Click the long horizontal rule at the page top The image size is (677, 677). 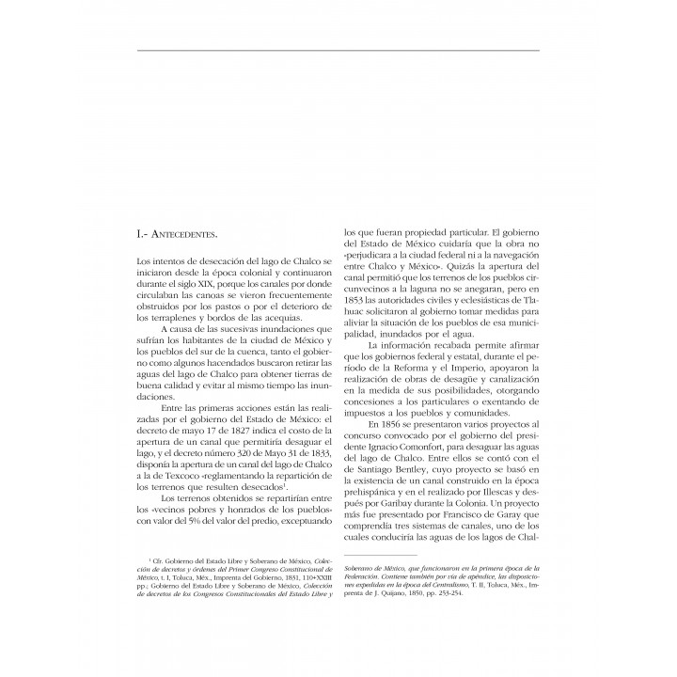tap(338, 49)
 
